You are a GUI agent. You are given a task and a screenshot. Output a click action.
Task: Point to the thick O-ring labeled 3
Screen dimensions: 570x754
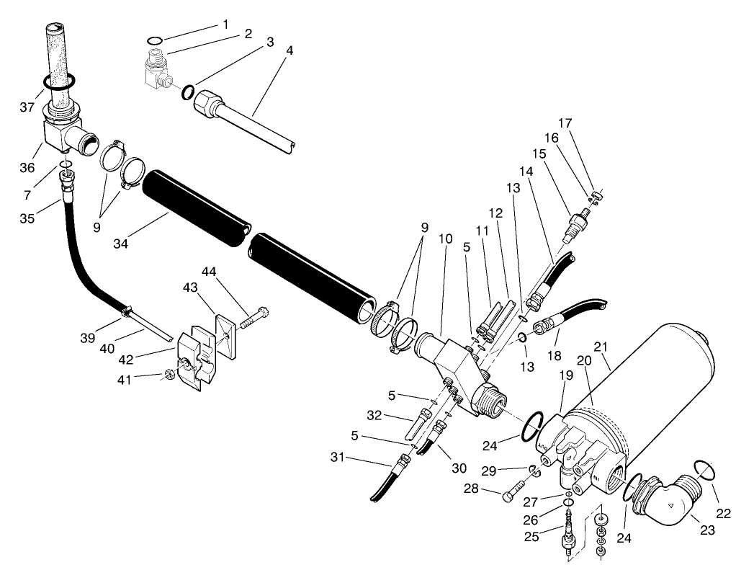coord(187,92)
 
